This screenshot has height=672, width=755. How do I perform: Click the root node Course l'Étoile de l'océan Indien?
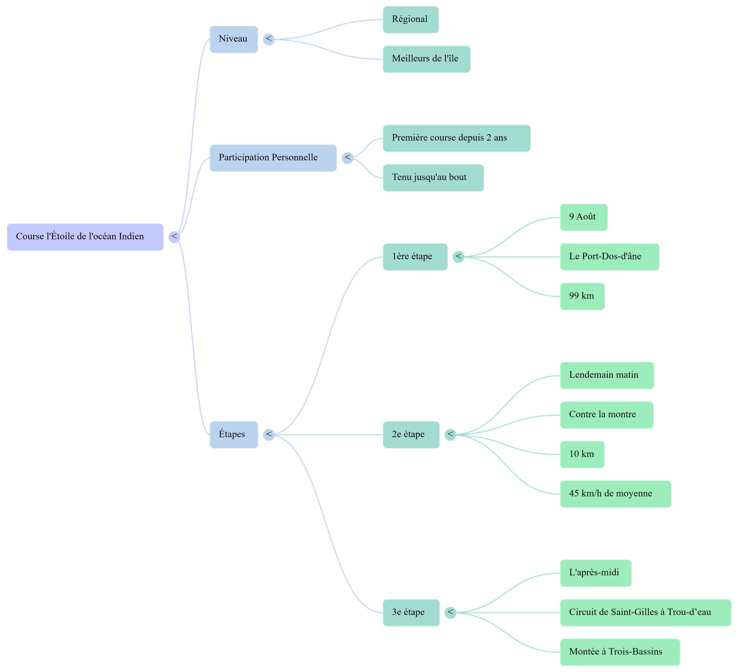click(85, 237)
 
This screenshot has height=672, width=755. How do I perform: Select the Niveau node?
click(234, 39)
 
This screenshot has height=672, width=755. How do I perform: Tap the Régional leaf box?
click(410, 19)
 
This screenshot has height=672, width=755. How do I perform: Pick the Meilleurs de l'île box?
click(426, 59)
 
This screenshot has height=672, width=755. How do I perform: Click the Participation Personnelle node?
click(273, 158)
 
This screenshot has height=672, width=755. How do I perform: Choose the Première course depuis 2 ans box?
click(456, 138)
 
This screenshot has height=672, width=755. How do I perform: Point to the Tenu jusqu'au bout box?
click(433, 178)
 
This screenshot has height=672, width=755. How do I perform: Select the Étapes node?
click(234, 435)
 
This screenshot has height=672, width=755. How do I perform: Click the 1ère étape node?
click(415, 257)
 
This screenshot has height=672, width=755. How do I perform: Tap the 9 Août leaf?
click(583, 217)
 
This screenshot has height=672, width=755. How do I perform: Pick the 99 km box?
click(582, 296)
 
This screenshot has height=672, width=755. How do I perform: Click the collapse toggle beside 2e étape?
click(450, 435)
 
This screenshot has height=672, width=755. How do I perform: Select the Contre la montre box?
click(606, 415)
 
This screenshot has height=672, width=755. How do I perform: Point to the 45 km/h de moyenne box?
click(615, 494)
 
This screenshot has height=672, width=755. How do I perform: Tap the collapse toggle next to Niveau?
click(268, 39)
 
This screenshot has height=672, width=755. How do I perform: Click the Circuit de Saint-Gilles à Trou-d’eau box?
click(645, 613)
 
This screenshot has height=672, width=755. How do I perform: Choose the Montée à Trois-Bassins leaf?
click(619, 652)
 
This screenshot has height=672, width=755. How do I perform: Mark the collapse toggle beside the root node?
click(174, 237)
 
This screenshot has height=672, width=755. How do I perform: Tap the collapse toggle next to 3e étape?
click(450, 612)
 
